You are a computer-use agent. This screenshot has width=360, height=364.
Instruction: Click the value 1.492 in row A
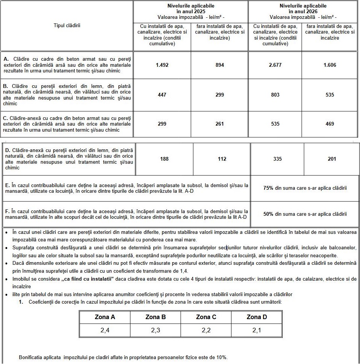[162, 65]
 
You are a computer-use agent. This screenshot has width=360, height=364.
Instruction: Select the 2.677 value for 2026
[275, 65]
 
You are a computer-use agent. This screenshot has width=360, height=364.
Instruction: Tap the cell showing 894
[220, 65]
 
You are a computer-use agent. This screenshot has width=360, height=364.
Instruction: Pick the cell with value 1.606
[330, 65]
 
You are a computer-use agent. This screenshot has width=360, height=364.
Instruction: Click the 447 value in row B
[162, 95]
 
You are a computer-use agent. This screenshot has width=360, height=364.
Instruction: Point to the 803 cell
[275, 95]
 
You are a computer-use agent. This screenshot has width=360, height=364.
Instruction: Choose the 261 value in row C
[220, 124]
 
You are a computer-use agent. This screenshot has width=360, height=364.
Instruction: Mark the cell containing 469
[330, 124]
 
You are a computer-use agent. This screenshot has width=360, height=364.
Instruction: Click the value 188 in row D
[164, 159]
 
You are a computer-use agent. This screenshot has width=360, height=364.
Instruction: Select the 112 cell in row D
[222, 159]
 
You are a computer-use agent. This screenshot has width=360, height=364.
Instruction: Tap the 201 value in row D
[332, 159]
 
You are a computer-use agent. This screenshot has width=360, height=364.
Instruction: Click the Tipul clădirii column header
[67, 26]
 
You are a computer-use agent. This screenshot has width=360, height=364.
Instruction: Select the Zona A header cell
[105, 317]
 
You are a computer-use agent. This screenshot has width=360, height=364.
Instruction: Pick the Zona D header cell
[257, 317]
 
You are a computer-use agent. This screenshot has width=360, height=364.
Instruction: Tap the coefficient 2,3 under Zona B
[155, 330]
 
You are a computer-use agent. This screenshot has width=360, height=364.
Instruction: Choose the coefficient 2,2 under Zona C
[206, 330]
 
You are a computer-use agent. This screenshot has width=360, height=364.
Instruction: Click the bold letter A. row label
[6, 59]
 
